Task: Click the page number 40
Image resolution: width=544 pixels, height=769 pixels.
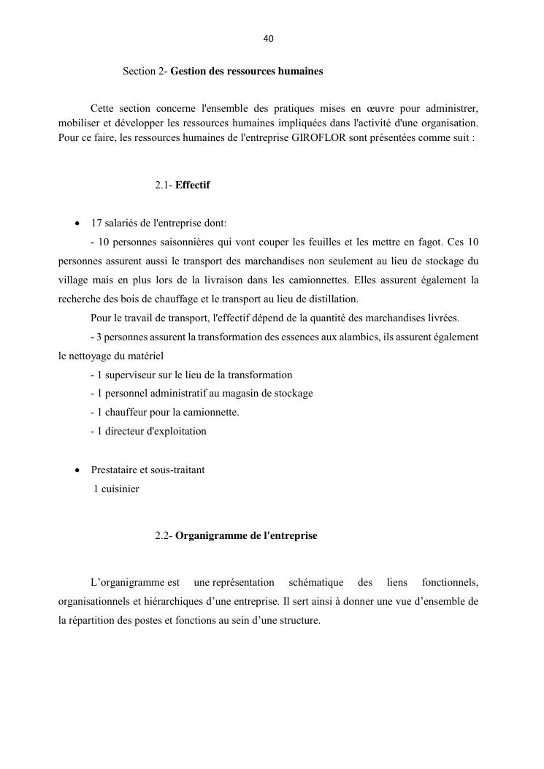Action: tap(268, 39)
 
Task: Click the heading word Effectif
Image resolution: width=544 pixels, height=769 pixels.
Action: tap(193, 185)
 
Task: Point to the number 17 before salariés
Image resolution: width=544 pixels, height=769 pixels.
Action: tap(96, 223)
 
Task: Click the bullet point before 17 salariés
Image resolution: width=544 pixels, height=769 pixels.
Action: tap(77, 223)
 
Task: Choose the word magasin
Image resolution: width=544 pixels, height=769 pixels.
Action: tap(231, 394)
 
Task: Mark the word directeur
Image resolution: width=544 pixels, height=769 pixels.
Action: tap(125, 432)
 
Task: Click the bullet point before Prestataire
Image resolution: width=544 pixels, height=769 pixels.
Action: tap(77, 470)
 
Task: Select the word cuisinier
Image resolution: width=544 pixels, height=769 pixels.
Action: tap(119, 489)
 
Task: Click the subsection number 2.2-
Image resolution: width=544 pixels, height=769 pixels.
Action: tap(164, 536)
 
